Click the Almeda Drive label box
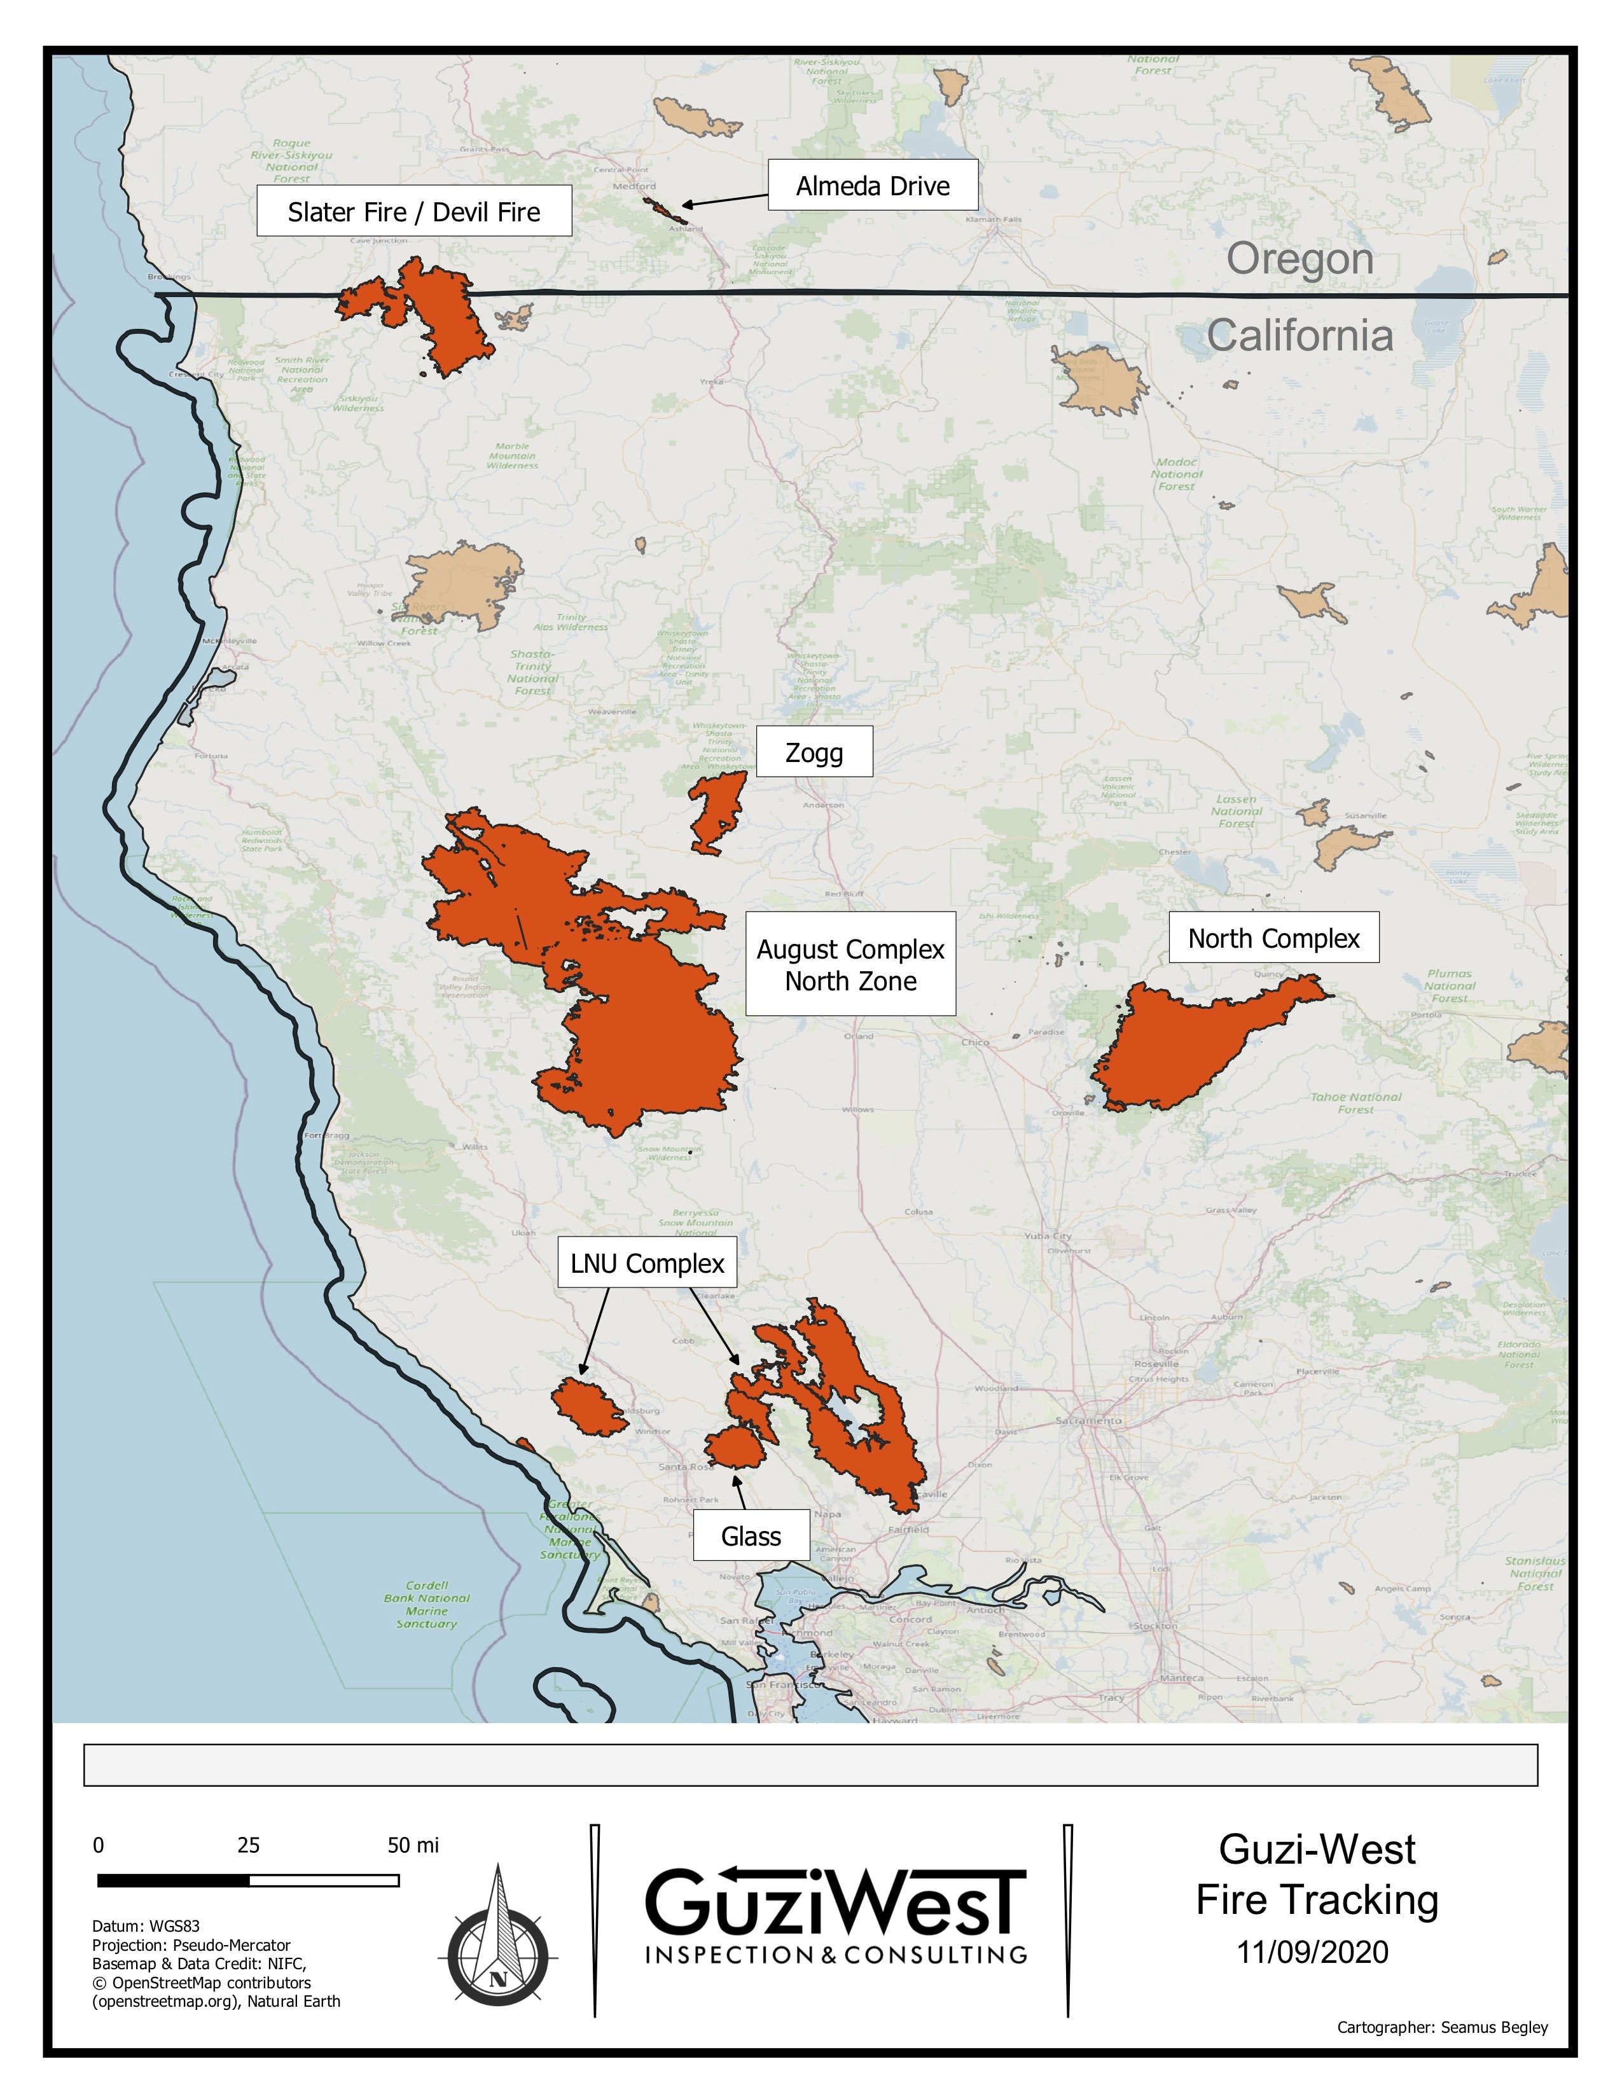(x=873, y=186)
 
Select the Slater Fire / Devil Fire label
(x=413, y=211)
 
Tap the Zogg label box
(x=814, y=752)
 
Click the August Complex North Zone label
(x=850, y=964)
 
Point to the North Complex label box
(x=1273, y=938)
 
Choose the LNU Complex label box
(x=647, y=1263)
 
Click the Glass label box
(x=751, y=1536)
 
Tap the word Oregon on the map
(x=1299, y=258)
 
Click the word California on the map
(x=1299, y=335)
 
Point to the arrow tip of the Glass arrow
(x=736, y=1477)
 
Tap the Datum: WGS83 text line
(x=146, y=1926)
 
